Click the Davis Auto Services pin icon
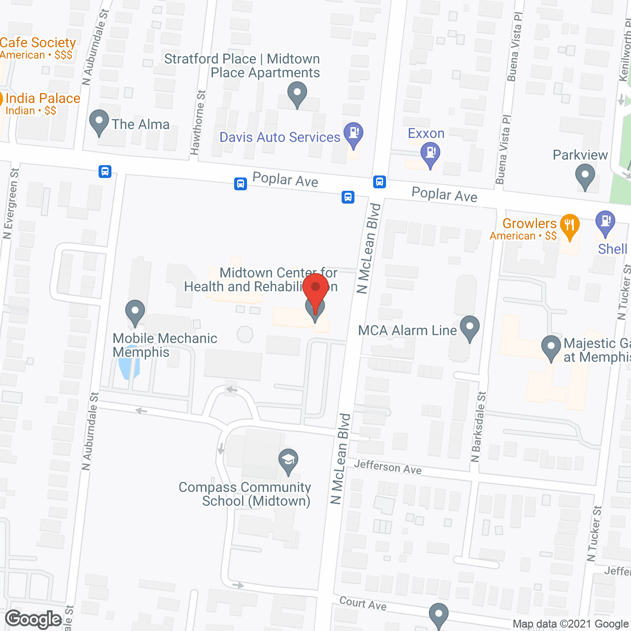(353, 134)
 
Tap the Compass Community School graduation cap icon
(288, 460)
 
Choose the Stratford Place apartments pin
(297, 93)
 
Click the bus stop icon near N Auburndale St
(105, 172)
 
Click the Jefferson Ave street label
(387, 466)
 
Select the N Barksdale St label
(478, 427)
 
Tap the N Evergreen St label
(10, 203)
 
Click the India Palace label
(42, 99)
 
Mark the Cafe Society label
(38, 43)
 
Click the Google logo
(34, 619)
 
